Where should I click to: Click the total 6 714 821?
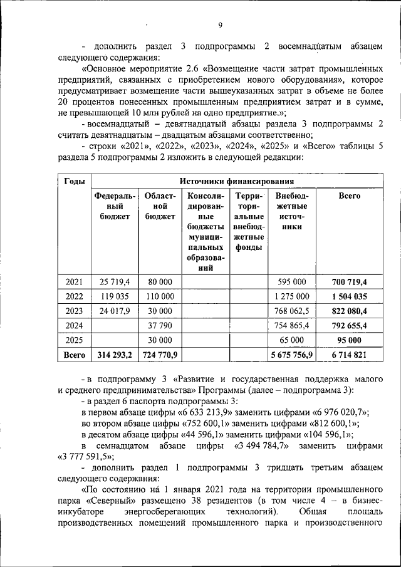[x=349, y=355]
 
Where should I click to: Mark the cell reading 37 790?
[x=159, y=325]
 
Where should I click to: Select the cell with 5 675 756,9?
[x=292, y=355]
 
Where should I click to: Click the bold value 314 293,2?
[x=113, y=355]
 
